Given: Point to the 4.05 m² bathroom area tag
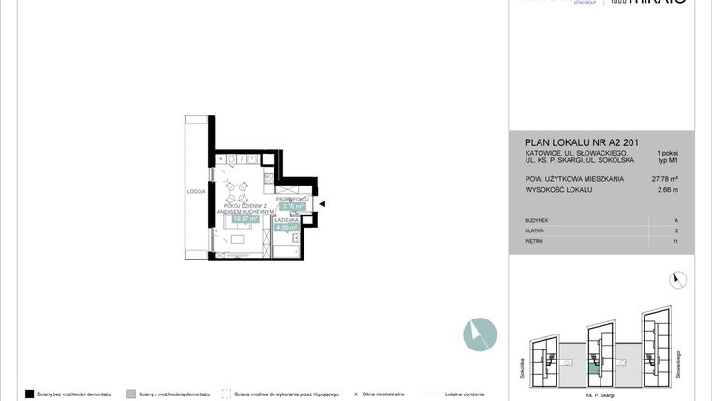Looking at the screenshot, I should coord(286,226).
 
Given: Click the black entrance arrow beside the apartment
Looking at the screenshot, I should coord(321,203).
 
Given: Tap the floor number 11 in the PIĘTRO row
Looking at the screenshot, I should coord(675,241).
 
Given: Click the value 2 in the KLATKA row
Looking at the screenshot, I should coord(676,230).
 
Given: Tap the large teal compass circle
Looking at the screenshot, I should coord(480,334).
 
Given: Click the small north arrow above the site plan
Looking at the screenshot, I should coord(679,278).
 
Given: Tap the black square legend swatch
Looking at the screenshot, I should coord(29,394).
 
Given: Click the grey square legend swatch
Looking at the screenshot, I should coord(131,394).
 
